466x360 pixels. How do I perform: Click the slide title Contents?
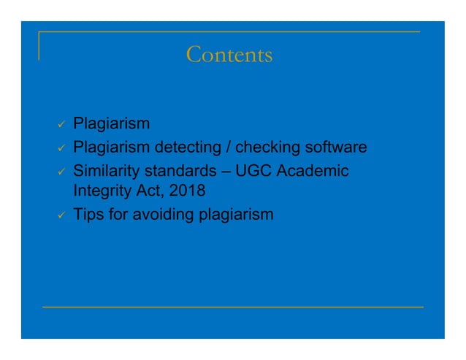(229, 55)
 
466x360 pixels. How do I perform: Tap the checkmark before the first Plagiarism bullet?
(63, 125)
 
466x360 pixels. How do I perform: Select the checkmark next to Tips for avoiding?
(63, 216)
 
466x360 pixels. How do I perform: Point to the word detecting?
(186, 148)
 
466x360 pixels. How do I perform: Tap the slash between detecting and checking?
(228, 148)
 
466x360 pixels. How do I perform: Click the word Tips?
(88, 216)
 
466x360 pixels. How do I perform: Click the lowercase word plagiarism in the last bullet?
(235, 216)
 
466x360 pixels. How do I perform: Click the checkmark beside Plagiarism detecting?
(63, 149)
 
